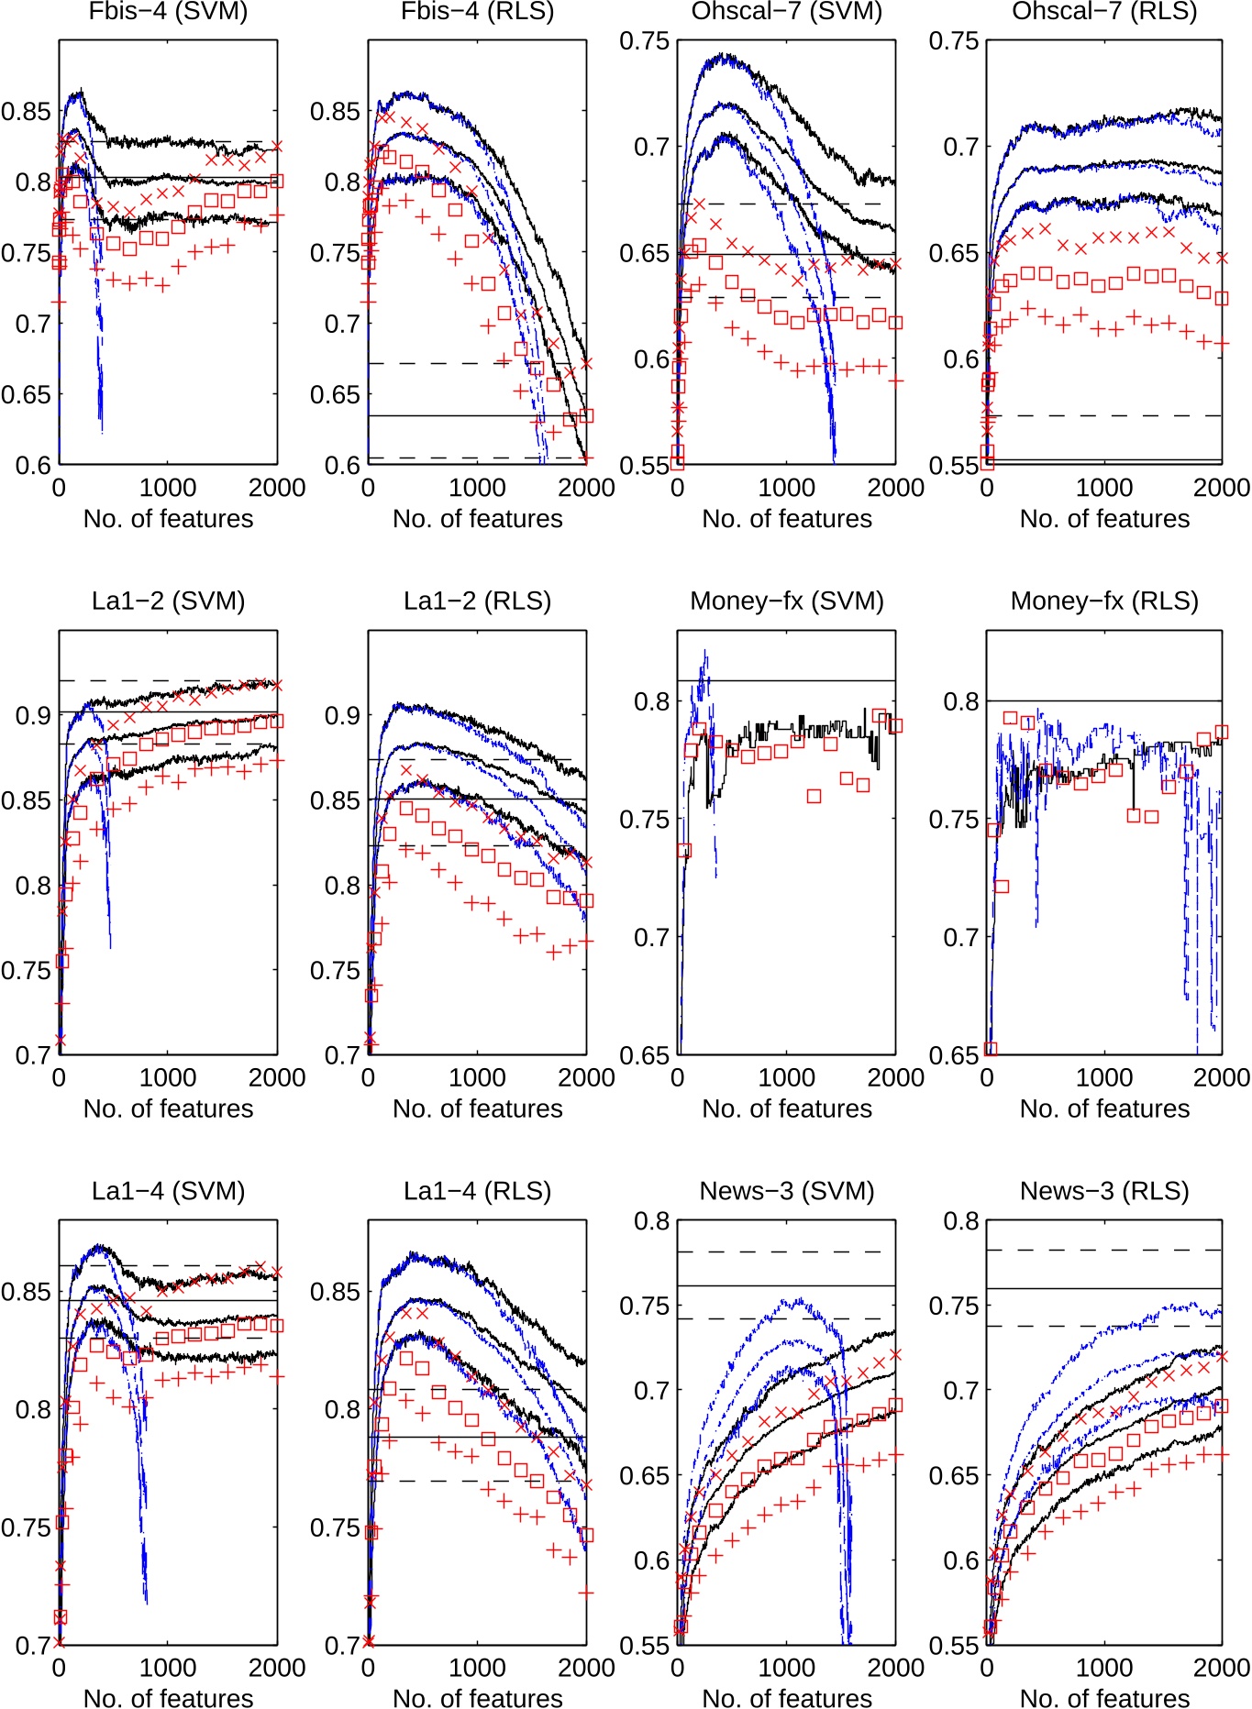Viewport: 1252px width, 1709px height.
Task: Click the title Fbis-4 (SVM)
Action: point(168,11)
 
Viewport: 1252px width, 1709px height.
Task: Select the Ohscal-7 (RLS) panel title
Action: point(1104,11)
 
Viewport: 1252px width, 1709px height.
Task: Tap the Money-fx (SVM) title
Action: point(787,601)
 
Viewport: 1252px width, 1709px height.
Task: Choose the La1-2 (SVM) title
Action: point(168,601)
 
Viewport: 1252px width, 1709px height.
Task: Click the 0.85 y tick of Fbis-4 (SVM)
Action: point(26,112)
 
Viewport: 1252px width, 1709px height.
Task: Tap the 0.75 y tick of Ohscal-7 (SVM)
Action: point(645,41)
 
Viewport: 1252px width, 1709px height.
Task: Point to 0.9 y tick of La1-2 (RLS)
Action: point(343,715)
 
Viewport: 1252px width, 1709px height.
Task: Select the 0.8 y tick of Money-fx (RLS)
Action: point(961,701)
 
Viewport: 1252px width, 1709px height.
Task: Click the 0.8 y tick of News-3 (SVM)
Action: point(652,1221)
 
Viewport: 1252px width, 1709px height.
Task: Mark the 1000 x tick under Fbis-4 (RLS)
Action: point(477,487)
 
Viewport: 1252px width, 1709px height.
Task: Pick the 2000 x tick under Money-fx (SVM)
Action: point(895,1077)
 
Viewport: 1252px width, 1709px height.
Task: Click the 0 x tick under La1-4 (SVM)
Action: point(59,1667)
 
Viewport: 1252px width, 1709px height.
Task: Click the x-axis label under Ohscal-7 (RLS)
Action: point(1104,519)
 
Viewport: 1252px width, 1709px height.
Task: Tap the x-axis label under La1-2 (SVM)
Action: point(168,1108)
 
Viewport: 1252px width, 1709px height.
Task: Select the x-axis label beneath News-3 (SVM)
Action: point(787,1698)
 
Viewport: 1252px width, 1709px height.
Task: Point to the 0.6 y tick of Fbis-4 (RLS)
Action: point(343,465)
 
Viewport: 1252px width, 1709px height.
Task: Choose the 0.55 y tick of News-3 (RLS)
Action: point(954,1645)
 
